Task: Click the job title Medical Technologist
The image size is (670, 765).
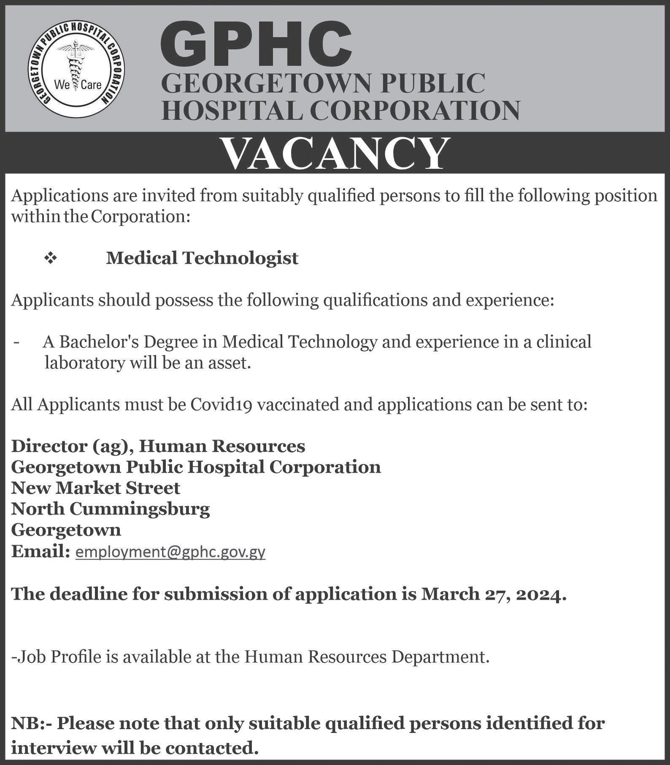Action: coord(202,258)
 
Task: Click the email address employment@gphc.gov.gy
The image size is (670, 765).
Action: coord(170,552)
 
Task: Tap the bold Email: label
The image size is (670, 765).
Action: coord(40,551)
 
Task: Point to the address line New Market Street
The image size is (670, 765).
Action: coord(96,488)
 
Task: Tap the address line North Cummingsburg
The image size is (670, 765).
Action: coord(111,509)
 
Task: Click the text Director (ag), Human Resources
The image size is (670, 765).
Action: coord(158,446)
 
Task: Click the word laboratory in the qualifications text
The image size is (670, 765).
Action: coord(85,363)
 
